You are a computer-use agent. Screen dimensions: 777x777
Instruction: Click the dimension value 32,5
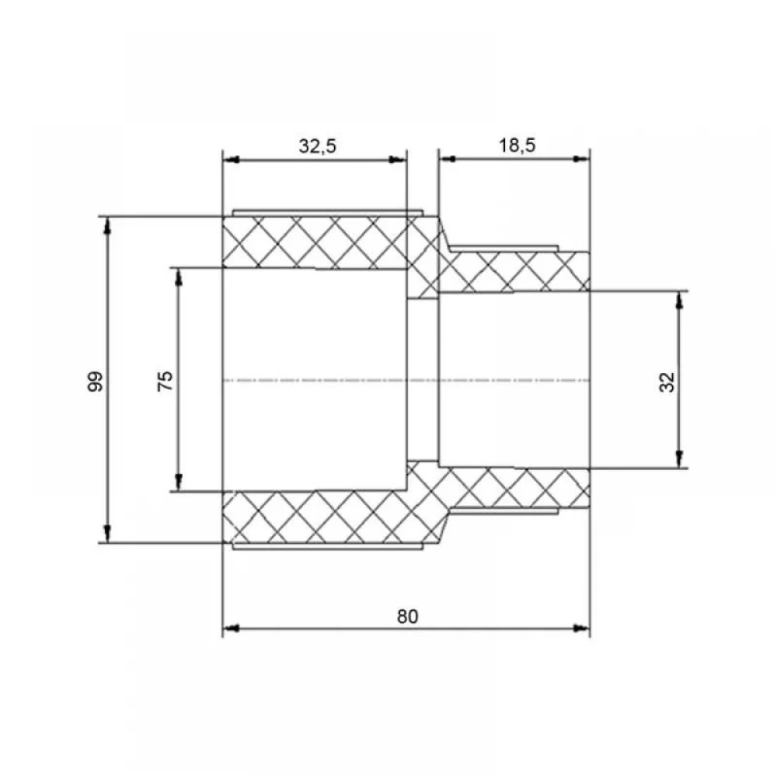(317, 146)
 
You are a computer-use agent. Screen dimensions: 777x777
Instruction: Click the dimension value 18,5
(517, 145)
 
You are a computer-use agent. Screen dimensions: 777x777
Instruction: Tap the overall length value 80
(407, 616)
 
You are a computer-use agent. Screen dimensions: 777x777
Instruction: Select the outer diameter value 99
(95, 381)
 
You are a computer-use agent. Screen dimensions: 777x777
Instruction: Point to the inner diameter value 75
(165, 381)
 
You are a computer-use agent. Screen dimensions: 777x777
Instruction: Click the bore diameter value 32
(667, 382)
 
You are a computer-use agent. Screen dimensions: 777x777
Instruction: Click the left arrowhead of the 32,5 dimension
(231, 159)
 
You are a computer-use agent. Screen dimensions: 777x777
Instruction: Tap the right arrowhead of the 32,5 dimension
(397, 159)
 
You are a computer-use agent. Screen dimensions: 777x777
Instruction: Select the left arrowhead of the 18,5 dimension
(448, 159)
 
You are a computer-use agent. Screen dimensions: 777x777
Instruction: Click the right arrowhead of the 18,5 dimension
(581, 159)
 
